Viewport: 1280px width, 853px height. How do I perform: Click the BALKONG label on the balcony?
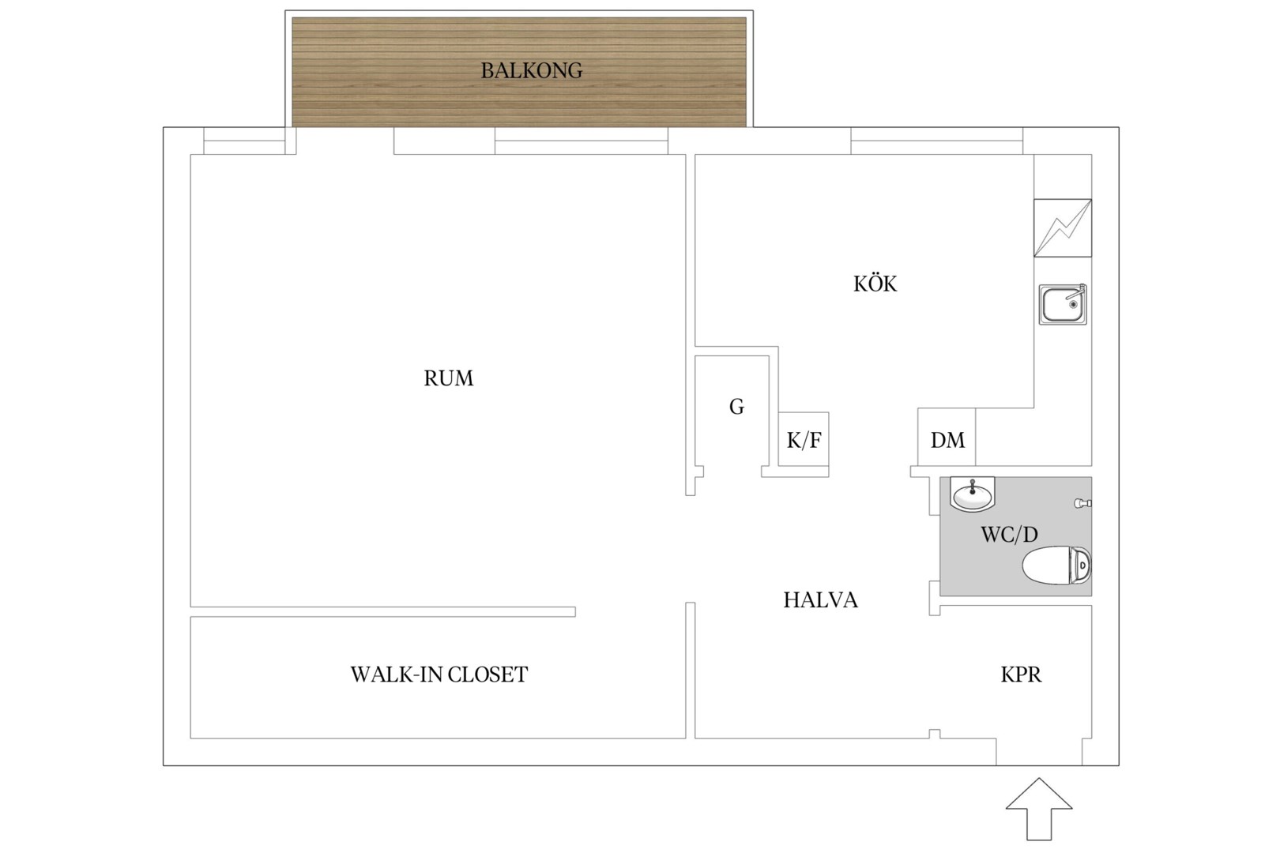click(532, 71)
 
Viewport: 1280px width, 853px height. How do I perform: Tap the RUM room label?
click(449, 378)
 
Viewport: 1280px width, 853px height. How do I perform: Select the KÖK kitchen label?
click(875, 284)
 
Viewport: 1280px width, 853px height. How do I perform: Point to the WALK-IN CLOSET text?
click(439, 675)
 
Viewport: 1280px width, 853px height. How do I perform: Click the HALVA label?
click(820, 600)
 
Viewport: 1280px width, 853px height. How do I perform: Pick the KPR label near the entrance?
click(1021, 675)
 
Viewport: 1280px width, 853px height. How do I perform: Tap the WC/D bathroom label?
click(1009, 534)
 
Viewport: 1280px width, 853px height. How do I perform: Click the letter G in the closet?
click(736, 407)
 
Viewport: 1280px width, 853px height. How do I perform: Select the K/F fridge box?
click(804, 439)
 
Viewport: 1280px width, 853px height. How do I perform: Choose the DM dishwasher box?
click(947, 437)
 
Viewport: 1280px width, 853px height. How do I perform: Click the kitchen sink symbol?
click(1063, 305)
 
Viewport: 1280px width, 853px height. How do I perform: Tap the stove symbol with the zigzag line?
click(1063, 228)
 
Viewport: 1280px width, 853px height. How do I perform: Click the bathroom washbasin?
click(973, 494)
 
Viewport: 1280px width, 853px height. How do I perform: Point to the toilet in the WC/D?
click(1056, 565)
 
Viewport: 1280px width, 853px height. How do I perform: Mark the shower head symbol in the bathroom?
click(1082, 503)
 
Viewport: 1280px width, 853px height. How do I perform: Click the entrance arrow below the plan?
click(1039, 809)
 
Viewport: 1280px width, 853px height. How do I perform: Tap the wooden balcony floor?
click(519, 72)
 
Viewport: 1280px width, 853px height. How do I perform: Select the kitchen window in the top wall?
click(936, 141)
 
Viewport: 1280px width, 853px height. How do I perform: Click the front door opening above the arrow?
click(1039, 752)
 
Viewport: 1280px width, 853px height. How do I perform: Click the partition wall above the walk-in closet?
click(383, 612)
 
